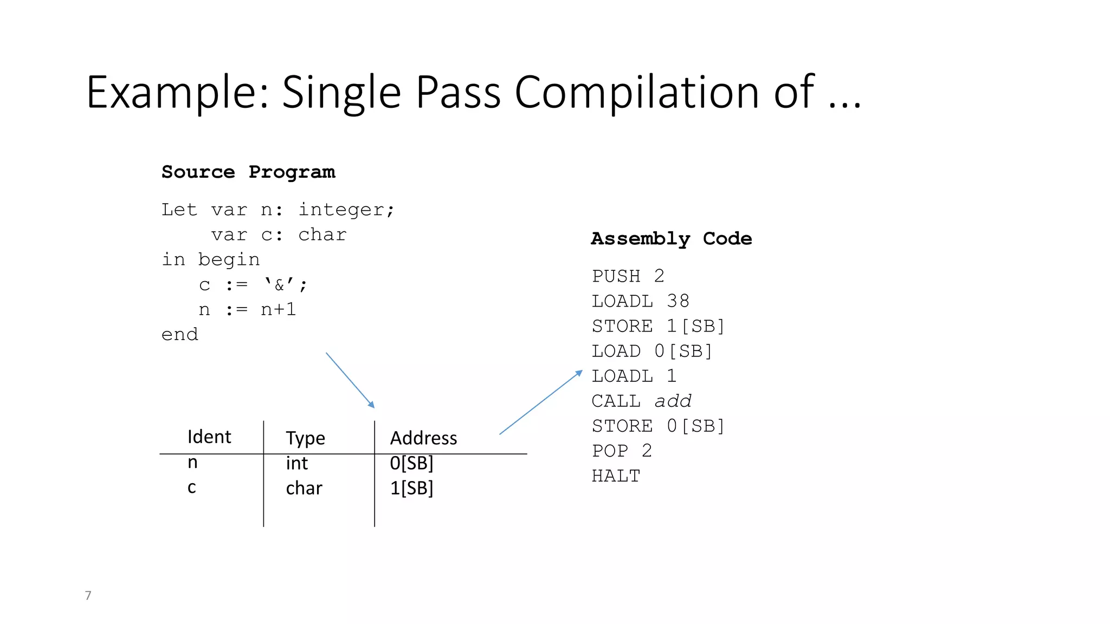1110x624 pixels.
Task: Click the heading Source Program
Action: click(x=248, y=172)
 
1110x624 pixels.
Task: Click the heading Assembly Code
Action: click(x=671, y=239)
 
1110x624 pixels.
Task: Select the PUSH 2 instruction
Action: click(x=628, y=276)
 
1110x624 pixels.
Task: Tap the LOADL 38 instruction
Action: click(x=640, y=301)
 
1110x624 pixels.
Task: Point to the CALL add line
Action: click(x=641, y=401)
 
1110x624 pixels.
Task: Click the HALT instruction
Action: click(x=616, y=476)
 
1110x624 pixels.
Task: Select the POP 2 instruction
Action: click(x=622, y=451)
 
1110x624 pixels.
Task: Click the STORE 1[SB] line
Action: click(x=658, y=326)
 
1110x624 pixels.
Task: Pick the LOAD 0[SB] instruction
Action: click(x=651, y=351)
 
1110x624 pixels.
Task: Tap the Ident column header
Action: click(x=209, y=437)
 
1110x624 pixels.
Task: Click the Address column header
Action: click(x=423, y=438)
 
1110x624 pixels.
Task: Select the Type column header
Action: click(x=305, y=438)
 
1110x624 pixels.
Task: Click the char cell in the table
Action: click(x=304, y=489)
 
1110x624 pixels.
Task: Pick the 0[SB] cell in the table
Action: click(x=411, y=464)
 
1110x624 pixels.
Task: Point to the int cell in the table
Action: click(x=296, y=464)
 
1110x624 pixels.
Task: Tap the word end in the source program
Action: click(x=180, y=335)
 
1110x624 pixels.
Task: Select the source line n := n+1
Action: click(x=247, y=310)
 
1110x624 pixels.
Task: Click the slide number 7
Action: click(x=88, y=595)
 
